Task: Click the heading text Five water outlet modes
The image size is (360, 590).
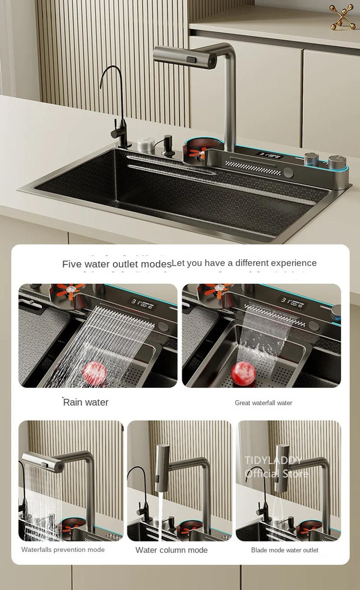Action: tap(117, 264)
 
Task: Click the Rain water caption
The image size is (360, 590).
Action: tap(85, 402)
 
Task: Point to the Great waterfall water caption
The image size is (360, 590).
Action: tap(263, 403)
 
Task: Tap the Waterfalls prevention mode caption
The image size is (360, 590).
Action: tap(63, 550)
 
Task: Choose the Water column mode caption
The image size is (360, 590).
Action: tap(171, 550)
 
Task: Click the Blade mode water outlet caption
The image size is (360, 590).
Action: tap(284, 550)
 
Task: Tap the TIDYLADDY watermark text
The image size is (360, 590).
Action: tap(273, 460)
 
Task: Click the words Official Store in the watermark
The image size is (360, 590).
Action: tap(276, 474)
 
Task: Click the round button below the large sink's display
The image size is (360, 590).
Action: tap(288, 173)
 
